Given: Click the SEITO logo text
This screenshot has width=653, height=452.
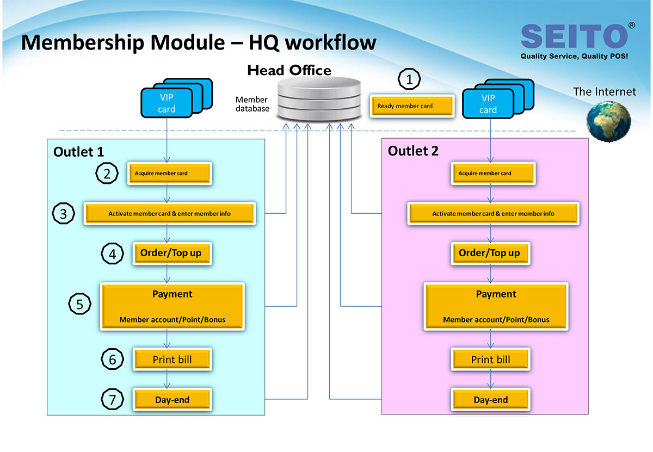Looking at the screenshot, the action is coord(574,36).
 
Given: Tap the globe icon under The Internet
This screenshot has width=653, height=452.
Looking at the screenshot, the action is coord(609,121).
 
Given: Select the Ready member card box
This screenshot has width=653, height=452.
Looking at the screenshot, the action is coord(412,106).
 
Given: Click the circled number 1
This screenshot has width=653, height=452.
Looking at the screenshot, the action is coord(409,79).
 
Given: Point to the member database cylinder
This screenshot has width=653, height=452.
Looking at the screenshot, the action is coord(319,99).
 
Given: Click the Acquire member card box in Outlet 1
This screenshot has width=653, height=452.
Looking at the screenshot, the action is coord(170,174).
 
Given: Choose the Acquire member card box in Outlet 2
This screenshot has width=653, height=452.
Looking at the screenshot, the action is coord(493,174).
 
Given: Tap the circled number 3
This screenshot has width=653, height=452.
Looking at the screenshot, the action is coord(63,214).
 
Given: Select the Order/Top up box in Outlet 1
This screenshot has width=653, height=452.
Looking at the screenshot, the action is coord(173,253).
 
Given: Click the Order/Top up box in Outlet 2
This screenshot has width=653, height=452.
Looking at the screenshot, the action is coord(491,253).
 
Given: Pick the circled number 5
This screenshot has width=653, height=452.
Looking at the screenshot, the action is coord(79,304).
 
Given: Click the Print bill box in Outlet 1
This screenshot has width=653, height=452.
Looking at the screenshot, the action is coord(173,359).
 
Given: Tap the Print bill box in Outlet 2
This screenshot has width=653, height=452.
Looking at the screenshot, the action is coord(491,359).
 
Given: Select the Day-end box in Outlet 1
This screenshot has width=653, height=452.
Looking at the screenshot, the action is coord(173,399).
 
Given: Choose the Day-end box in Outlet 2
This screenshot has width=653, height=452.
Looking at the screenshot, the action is coord(491,399).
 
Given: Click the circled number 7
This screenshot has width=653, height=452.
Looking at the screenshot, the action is coord(112,399).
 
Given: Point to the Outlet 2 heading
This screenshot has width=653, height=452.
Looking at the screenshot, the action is coord(413,151).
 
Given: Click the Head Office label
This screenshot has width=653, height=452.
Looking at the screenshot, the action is coord(289,70).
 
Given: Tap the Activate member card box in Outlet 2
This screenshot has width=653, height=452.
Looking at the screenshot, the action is coord(493,214).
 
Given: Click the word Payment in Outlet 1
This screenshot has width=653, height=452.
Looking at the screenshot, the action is coord(173,294).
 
